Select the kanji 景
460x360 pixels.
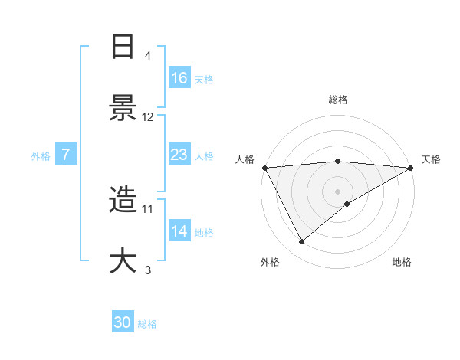tap(123, 108)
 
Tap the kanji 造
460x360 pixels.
tap(123, 201)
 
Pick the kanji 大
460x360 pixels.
tap(123, 260)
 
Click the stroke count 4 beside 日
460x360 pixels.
tap(147, 56)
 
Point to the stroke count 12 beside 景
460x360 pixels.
tap(148, 117)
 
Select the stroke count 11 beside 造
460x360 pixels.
tap(148, 208)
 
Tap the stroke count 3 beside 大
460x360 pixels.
tap(147, 270)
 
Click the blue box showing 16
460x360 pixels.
tap(179, 78)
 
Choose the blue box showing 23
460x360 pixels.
tap(179, 155)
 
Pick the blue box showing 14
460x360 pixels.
tap(179, 231)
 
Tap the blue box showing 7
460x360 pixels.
tap(66, 155)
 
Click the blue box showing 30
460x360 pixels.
tap(123, 323)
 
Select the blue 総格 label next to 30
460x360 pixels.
tap(147, 324)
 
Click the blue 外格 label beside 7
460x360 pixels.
tap(41, 155)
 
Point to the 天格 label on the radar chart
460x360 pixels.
tap(431, 159)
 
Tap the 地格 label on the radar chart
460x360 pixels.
tap(402, 262)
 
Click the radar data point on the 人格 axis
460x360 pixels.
tap(264, 168)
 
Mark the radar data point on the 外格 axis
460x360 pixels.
tap(302, 242)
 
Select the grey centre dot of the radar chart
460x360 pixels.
tap(338, 191)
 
